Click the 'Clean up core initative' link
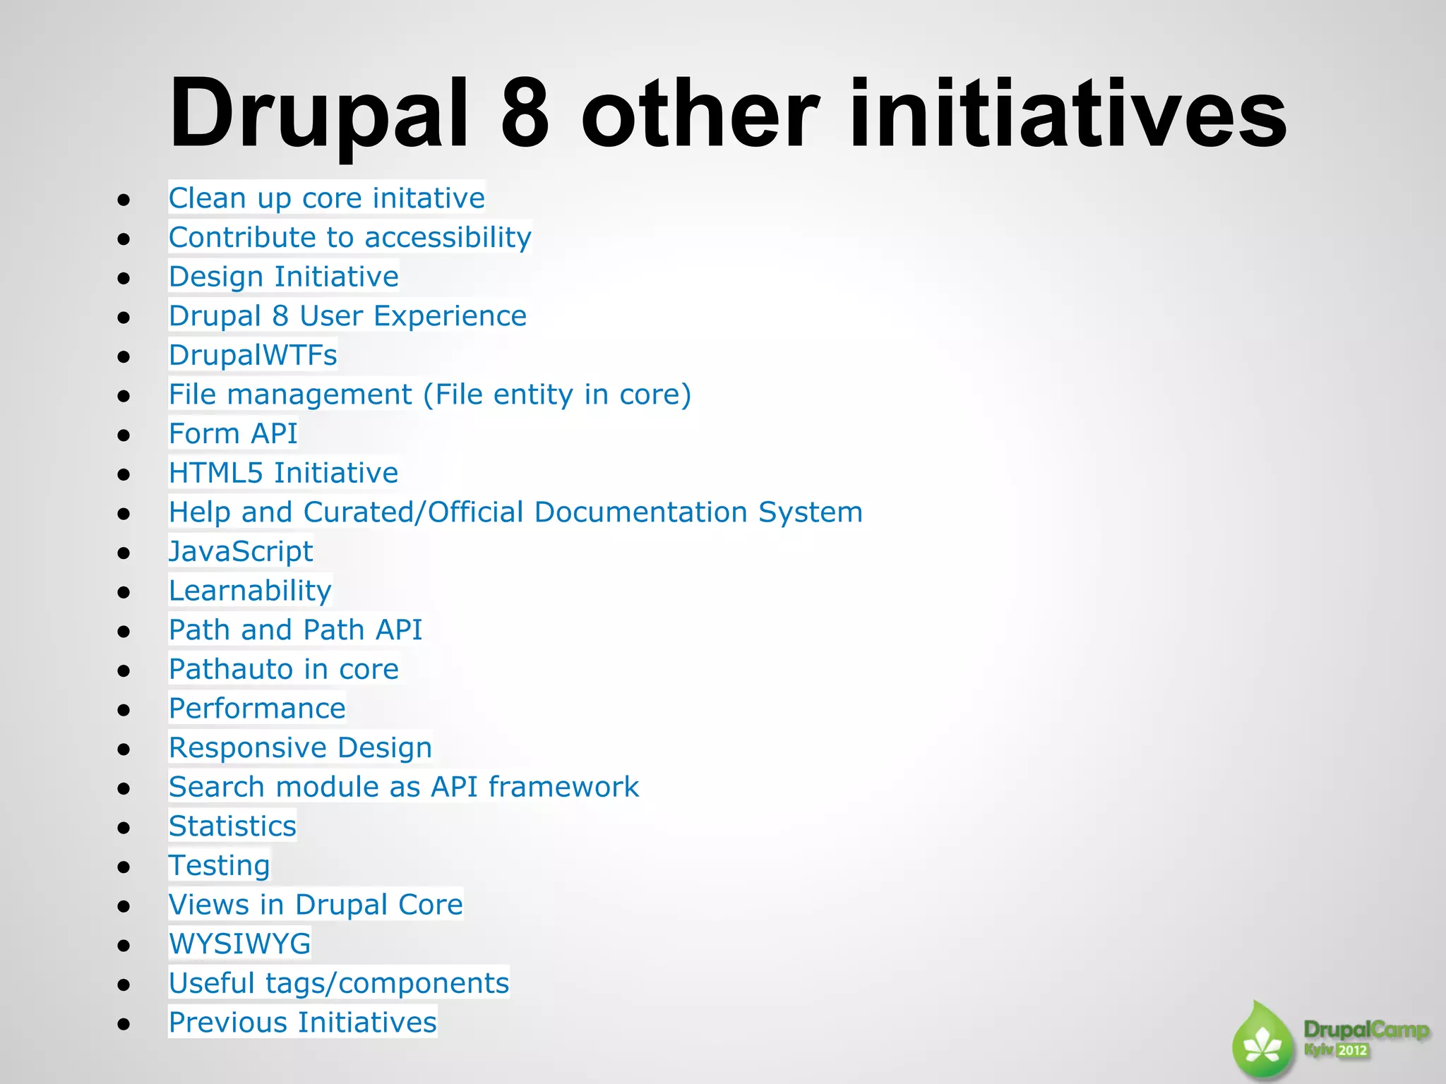(326, 198)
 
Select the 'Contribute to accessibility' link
(349, 238)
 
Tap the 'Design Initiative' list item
(283, 277)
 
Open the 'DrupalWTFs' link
(253, 355)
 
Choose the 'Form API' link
(233, 433)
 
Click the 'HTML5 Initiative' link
(283, 473)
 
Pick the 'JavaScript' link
(241, 551)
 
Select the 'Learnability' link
(250, 591)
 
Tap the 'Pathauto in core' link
(283, 669)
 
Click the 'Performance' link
(257, 709)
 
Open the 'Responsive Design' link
(300, 747)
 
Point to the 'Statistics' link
(232, 826)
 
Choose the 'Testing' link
(219, 865)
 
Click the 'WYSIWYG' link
(239, 944)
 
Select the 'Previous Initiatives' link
(302, 1023)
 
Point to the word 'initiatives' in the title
(1068, 113)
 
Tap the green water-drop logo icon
(1262, 1042)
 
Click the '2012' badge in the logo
(1352, 1050)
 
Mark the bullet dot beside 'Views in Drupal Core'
(124, 906)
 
